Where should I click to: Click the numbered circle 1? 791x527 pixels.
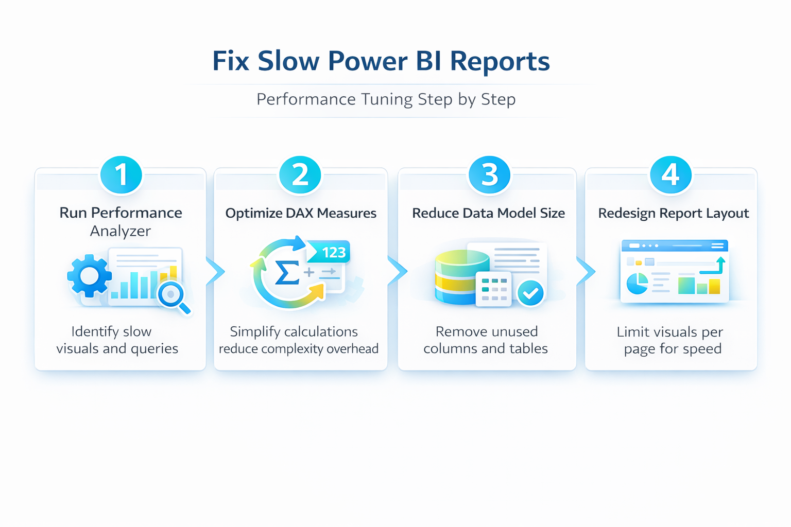pos(121,174)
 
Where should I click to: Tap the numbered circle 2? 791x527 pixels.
pos(300,174)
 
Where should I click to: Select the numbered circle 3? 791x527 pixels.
pos(489,174)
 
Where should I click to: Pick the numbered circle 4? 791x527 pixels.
pos(670,174)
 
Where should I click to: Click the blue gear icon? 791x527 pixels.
pos(89,276)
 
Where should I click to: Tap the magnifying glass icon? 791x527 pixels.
pos(173,295)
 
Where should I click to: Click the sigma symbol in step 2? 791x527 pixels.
pos(287,272)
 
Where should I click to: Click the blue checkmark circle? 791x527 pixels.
pos(530,293)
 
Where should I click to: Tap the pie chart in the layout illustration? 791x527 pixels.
pos(637,284)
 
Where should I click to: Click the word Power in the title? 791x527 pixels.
pos(368,61)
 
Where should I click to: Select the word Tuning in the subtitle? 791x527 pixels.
pos(386,99)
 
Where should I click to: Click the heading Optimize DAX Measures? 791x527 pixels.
pos(301,213)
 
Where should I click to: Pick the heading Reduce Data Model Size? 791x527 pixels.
pos(488,213)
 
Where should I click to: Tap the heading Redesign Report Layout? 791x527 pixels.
pos(673,213)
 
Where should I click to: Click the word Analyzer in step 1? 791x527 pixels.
pos(121,231)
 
